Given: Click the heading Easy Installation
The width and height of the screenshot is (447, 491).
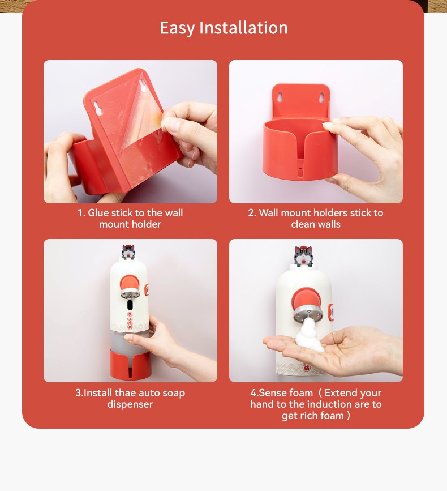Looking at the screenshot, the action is point(223,28).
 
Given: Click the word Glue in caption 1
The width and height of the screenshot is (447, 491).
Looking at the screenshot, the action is point(98,212).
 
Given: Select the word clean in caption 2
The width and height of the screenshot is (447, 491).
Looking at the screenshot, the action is point(302,224).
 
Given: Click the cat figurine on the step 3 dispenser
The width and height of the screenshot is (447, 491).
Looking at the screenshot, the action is point(128,252).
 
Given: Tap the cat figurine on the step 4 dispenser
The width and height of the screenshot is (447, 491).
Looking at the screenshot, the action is point(303,256).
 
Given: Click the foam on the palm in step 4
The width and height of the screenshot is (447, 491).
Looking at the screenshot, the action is point(310,336).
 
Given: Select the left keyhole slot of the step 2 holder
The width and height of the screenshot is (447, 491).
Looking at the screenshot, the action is point(280,97).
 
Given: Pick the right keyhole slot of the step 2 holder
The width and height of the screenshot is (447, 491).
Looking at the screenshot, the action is point(321,97).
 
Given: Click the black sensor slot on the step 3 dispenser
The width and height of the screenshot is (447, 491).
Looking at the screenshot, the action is point(130,304).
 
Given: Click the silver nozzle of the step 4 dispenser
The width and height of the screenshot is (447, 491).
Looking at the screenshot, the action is point(308,315).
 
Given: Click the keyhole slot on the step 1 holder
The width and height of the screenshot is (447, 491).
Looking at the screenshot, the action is point(98,108).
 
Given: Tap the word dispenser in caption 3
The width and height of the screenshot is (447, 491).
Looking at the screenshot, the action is point(130,404).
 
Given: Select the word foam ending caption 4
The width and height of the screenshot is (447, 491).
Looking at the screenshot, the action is point(332,416).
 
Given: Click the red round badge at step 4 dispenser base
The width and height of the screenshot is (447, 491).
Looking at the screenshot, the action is point(307,368).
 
